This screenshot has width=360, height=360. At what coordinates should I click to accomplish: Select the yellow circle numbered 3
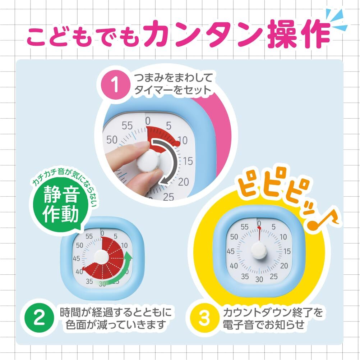pos(204,318)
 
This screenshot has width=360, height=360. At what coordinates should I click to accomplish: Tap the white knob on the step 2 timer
pos(102,256)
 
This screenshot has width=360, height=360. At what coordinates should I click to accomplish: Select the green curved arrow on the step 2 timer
pos(119,275)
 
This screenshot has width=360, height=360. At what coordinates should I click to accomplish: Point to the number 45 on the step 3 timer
pos(231,251)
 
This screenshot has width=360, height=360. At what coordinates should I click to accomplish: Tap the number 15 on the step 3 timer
pos(286,251)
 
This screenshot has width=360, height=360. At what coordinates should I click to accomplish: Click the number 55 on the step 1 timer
pos(127,126)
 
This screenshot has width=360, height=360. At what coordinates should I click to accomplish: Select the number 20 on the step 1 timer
pos(183,182)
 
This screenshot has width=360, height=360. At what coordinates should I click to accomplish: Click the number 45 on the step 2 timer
pos(76,258)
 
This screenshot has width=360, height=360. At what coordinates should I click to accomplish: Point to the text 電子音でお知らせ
pos(264,325)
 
